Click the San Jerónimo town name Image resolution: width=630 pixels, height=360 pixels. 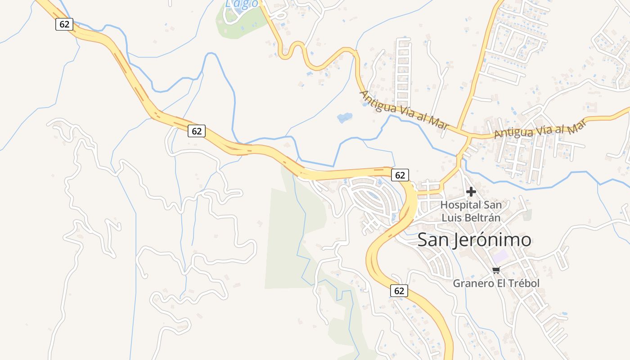pos(474,240)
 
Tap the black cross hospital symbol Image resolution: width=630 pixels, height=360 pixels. pos(471,192)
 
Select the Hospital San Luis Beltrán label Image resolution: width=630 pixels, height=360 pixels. pos(471,211)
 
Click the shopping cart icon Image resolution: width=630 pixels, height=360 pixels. pos(496,270)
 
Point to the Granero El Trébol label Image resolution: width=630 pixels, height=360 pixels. pos(496,283)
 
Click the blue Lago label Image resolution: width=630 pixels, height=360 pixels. pos(242,4)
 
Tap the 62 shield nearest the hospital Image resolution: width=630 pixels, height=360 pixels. pos(400,175)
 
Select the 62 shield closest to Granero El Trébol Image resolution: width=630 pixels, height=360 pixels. pos(399,291)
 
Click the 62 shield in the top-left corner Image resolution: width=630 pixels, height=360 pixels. pos(64,24)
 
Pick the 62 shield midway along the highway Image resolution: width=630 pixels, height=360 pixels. pos(197,131)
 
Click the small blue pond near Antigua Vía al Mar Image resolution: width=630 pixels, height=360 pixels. pos(344,118)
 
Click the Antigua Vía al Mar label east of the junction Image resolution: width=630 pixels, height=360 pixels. pos(541,129)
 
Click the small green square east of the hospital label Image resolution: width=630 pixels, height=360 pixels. pos(527,215)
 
